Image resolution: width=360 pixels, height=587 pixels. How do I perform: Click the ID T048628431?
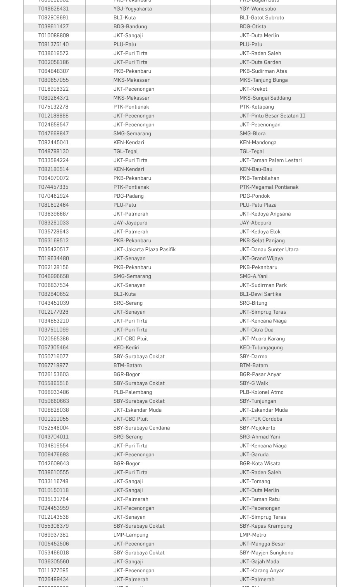click(53, 9)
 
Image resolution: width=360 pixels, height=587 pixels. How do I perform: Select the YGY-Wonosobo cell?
click(258, 9)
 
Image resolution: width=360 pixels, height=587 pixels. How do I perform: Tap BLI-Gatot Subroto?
click(262, 17)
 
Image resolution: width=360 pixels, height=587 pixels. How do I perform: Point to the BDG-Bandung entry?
click(130, 26)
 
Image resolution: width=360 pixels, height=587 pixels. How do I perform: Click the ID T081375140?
click(53, 44)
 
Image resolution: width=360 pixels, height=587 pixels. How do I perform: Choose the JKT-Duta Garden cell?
click(260, 62)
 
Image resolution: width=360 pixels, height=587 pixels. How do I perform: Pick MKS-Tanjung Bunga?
click(264, 80)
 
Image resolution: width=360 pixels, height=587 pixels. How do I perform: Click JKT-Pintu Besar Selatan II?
click(272, 116)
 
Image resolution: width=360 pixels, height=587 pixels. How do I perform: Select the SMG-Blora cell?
click(252, 133)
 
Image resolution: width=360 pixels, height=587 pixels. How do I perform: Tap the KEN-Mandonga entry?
click(258, 142)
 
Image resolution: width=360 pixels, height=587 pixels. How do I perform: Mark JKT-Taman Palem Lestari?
click(270, 160)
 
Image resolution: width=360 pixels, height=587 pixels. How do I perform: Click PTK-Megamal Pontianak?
click(269, 187)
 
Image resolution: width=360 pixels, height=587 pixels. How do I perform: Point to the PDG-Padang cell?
click(128, 196)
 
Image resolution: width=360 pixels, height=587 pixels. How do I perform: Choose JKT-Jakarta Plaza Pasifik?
click(145, 249)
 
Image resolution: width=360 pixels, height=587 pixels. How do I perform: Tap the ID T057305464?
click(53, 347)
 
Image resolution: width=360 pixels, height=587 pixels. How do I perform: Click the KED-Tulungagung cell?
click(261, 347)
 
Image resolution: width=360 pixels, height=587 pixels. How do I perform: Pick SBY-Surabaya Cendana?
click(141, 428)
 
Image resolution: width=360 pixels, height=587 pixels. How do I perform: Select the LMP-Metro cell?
click(253, 535)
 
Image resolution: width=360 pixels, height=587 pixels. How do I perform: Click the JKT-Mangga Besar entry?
click(262, 544)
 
